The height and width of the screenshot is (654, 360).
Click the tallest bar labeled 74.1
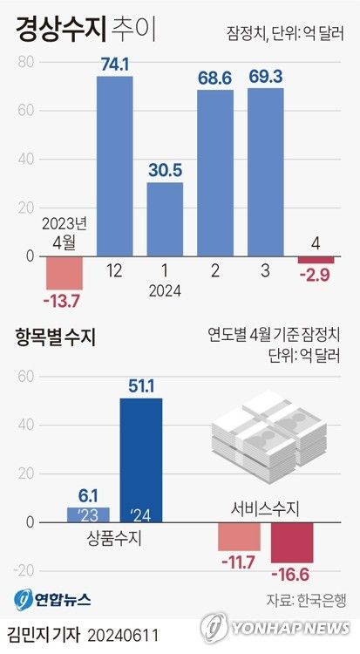tap(114, 166)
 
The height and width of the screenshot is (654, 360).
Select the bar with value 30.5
tap(165, 219)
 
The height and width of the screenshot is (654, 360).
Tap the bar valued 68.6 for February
tap(215, 173)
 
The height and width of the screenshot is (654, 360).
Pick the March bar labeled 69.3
tap(265, 172)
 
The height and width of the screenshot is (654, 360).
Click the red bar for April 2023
tap(64, 273)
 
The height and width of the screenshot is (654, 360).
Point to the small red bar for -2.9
tap(316, 260)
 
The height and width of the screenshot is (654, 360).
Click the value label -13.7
tap(62, 301)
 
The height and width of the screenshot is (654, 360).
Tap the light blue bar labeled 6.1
tap(88, 514)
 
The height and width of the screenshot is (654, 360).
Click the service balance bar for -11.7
tap(239, 536)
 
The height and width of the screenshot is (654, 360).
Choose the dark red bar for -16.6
tap(291, 542)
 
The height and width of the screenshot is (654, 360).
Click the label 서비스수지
tap(263, 508)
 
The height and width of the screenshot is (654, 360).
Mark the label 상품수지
tap(114, 538)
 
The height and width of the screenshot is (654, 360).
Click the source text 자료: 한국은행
tap(305, 600)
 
